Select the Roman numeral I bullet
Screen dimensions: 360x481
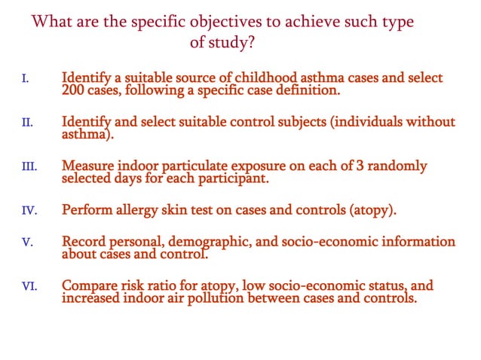point(25,78)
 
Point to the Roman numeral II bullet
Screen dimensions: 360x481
point(26,122)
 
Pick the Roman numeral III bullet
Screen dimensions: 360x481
point(28,165)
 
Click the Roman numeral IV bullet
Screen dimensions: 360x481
point(29,209)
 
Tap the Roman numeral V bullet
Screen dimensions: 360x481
point(26,243)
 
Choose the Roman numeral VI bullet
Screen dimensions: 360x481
point(29,286)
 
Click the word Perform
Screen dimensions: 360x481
point(87,209)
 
